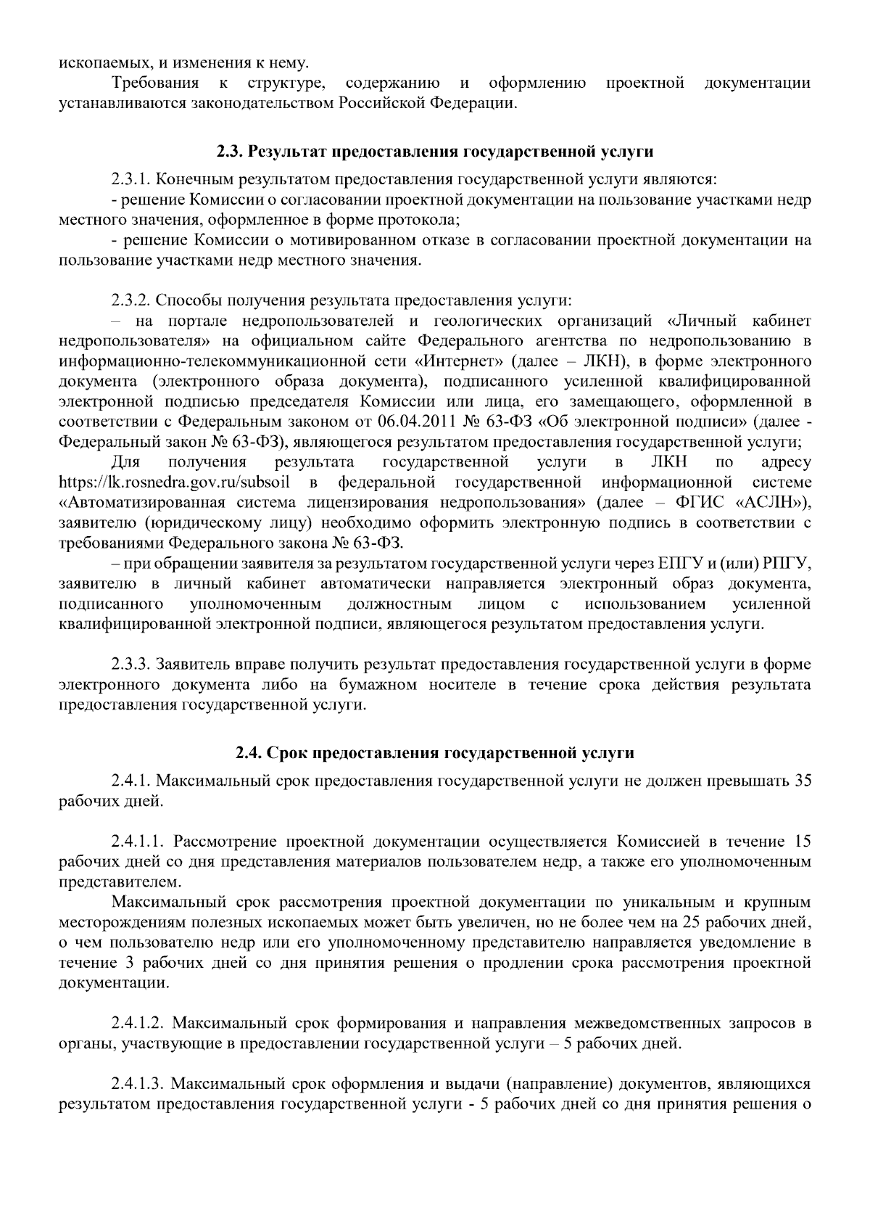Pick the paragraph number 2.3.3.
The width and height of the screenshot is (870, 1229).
click(x=131, y=665)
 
